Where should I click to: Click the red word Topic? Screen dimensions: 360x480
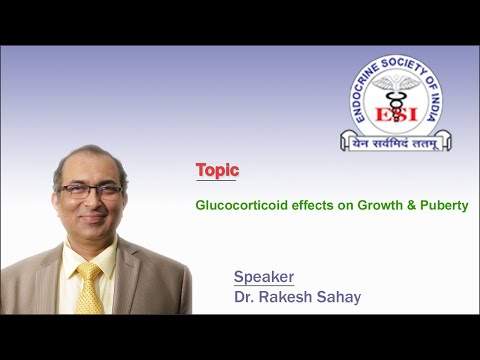[217, 171]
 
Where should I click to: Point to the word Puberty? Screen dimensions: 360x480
[445, 205]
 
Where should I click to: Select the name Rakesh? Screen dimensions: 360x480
[286, 296]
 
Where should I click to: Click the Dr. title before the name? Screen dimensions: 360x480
[244, 296]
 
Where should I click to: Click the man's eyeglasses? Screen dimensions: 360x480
[90, 190]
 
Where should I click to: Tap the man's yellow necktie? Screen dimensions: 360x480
[90, 287]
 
